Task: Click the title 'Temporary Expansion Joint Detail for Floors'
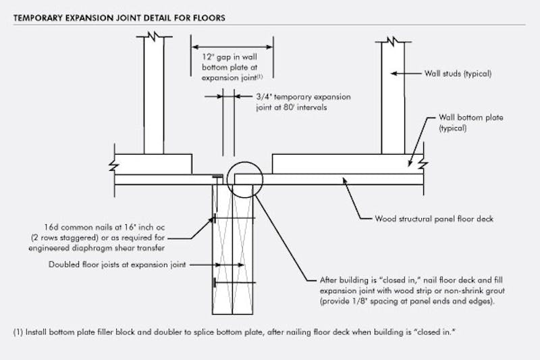(119, 17)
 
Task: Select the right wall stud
(393, 98)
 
